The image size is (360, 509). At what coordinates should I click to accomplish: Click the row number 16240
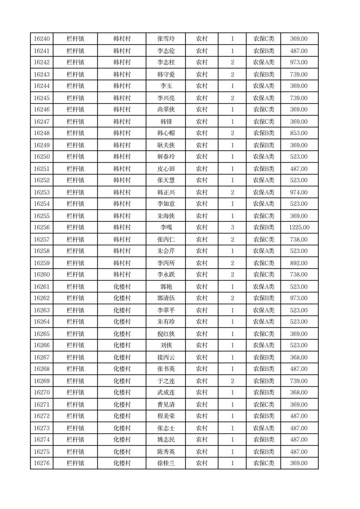[42, 39]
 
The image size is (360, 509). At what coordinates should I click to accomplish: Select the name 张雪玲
[166, 39]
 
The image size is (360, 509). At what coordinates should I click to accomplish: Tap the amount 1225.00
[299, 227]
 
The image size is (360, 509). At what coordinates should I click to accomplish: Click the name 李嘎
[166, 227]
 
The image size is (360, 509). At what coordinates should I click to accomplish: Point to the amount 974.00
[299, 192]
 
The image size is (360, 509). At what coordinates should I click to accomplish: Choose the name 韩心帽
[166, 133]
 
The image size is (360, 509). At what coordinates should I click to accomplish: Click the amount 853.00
[299, 133]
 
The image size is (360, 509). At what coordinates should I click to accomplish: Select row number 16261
[42, 287]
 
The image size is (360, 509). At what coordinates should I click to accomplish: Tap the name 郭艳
[166, 287]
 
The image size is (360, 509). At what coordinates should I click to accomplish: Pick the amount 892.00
[299, 263]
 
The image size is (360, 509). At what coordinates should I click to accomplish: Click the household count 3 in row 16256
[232, 227]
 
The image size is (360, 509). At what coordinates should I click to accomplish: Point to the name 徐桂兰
[166, 463]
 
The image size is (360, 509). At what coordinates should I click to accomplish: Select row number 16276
[42, 463]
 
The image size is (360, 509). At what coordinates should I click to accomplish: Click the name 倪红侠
[166, 334]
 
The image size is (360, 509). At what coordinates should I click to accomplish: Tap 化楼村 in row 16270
[122, 392]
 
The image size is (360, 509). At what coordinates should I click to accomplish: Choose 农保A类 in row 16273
[263, 428]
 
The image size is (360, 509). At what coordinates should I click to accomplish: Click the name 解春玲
[166, 157]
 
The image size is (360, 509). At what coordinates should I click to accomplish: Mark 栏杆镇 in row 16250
[75, 157]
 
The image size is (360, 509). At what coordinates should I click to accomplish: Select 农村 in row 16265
[202, 334]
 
